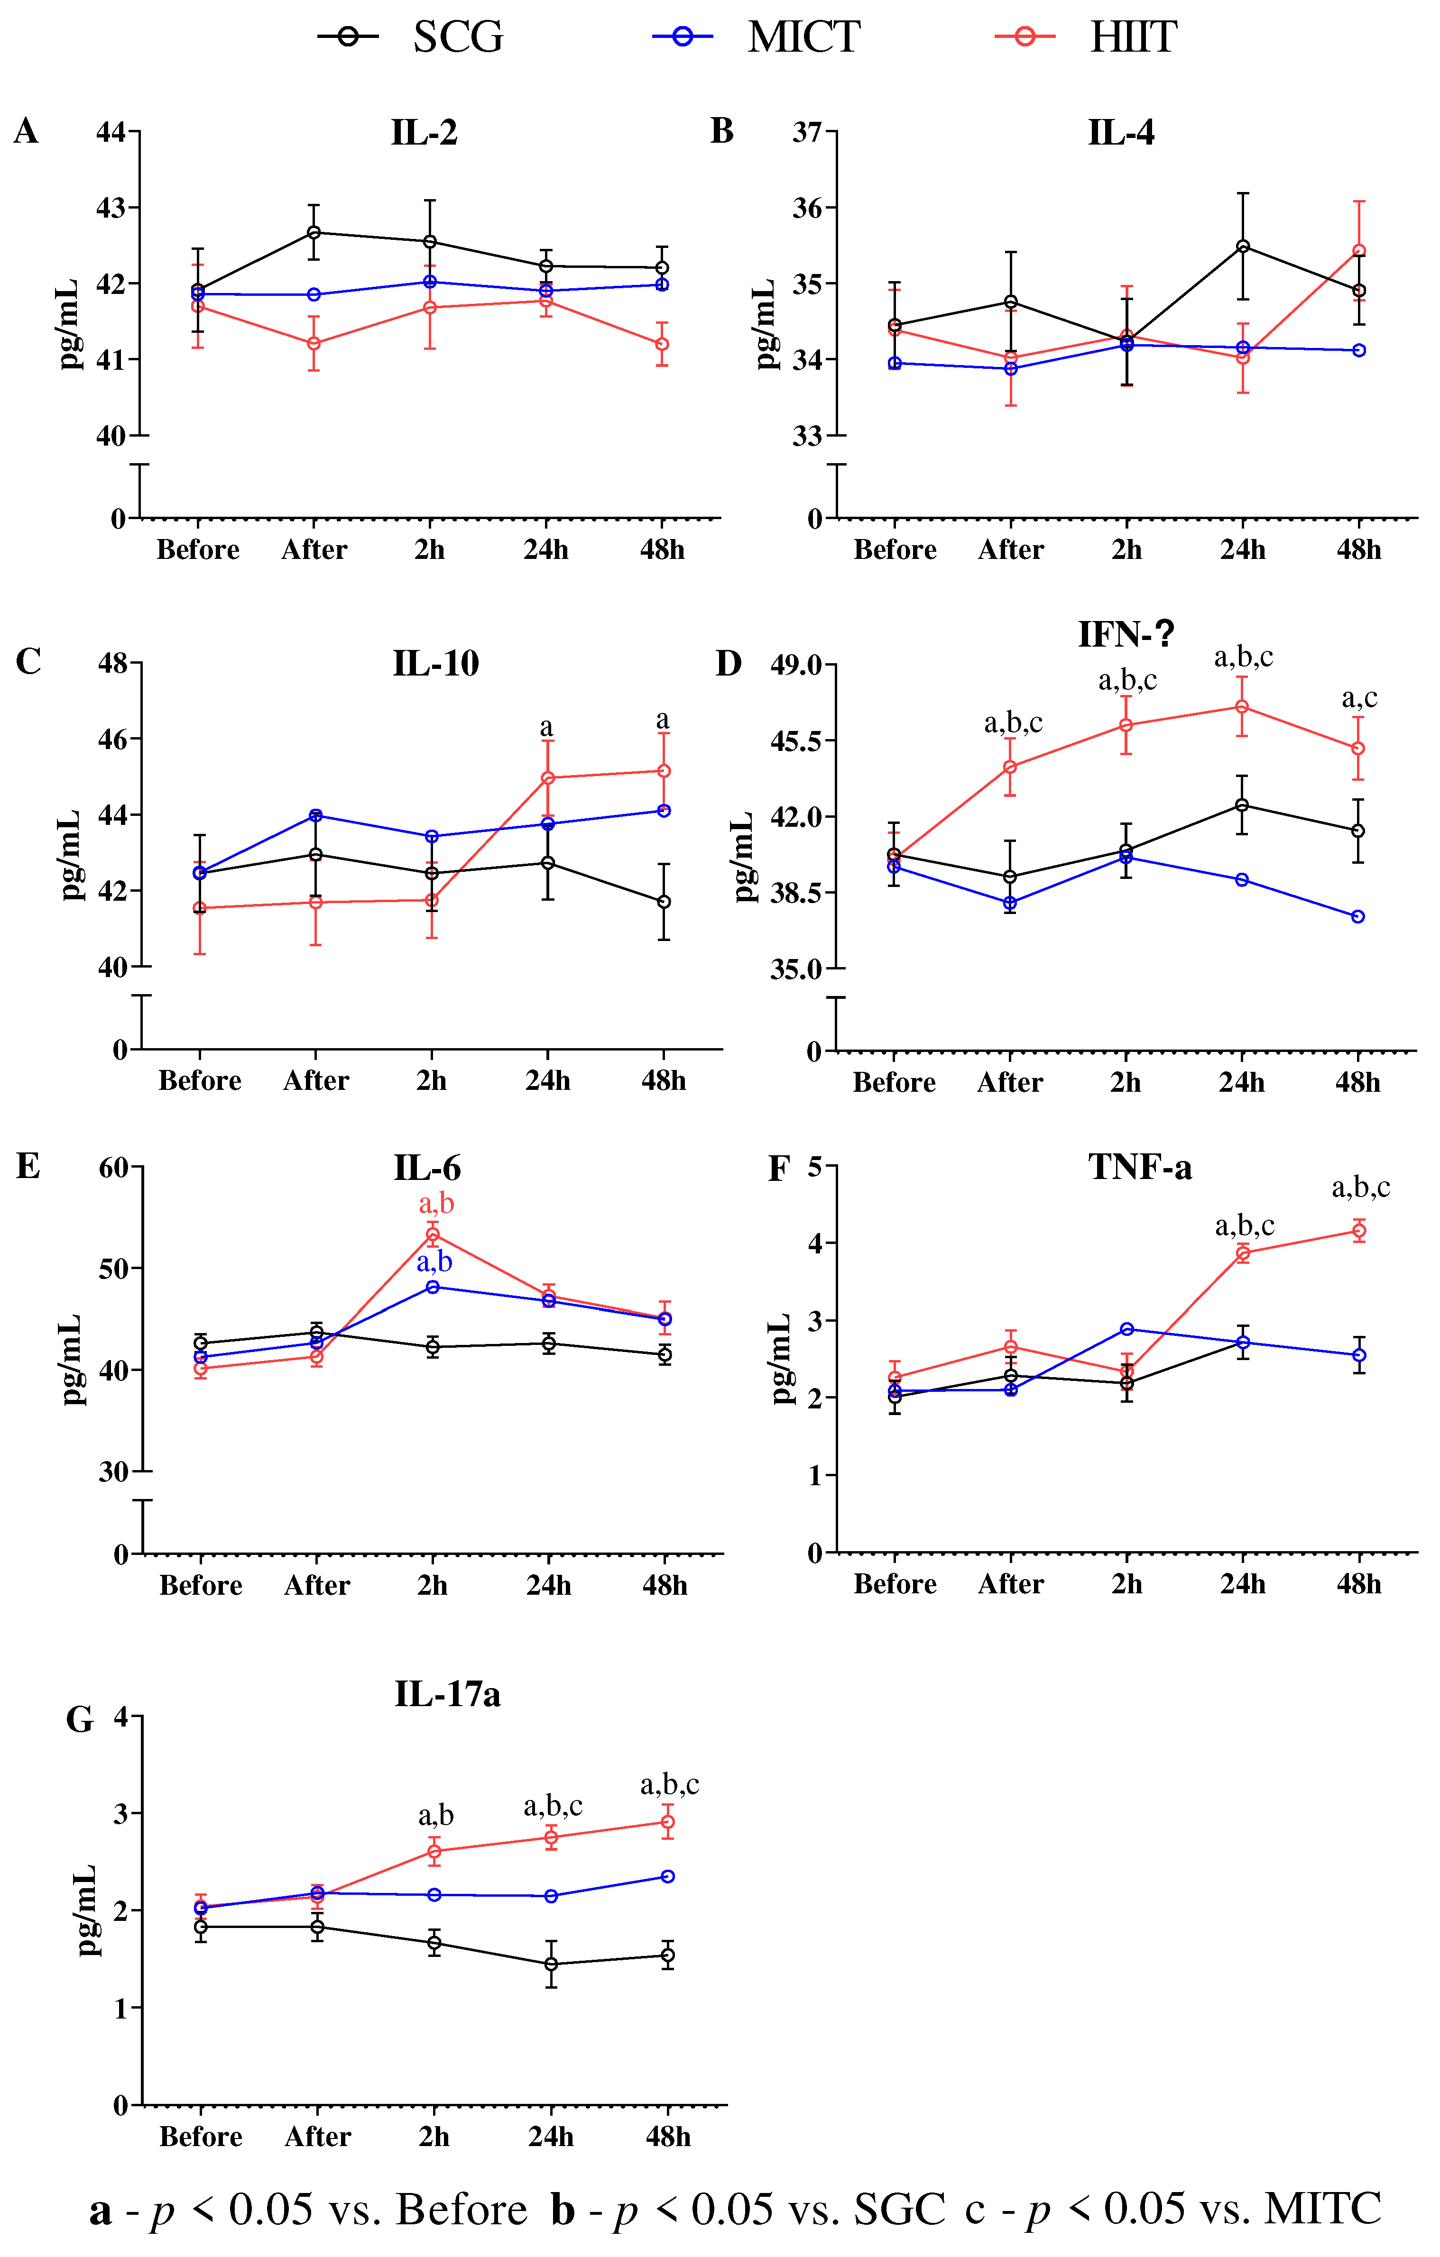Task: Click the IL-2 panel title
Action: (x=424, y=133)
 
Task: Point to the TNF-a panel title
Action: (x=1140, y=1168)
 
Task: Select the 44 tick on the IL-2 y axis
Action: (x=111, y=132)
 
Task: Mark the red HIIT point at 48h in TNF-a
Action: (x=1358, y=1231)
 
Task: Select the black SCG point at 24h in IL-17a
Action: (x=551, y=1964)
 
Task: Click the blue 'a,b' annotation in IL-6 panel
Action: (x=434, y=1262)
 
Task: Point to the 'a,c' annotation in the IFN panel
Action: (x=1359, y=698)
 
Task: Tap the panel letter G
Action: (x=80, y=1719)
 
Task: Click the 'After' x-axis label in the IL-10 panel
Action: (x=316, y=1081)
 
